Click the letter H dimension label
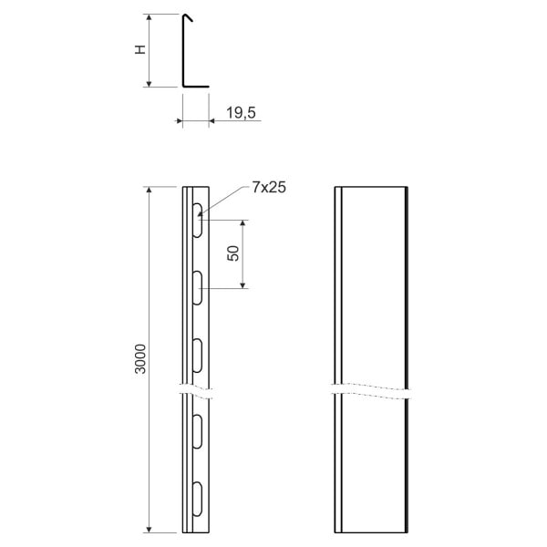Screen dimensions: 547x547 [140, 49]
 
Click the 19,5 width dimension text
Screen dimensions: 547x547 [241, 113]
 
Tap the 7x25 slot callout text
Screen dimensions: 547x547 [269, 188]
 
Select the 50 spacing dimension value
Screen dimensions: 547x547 [233, 253]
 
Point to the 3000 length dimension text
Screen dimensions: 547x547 [140, 359]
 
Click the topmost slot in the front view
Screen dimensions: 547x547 [198, 220]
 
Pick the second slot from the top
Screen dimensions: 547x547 [198, 288]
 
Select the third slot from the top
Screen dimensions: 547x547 [198, 356]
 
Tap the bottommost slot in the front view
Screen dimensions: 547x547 [198, 500]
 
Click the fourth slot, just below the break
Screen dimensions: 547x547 [198, 431]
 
